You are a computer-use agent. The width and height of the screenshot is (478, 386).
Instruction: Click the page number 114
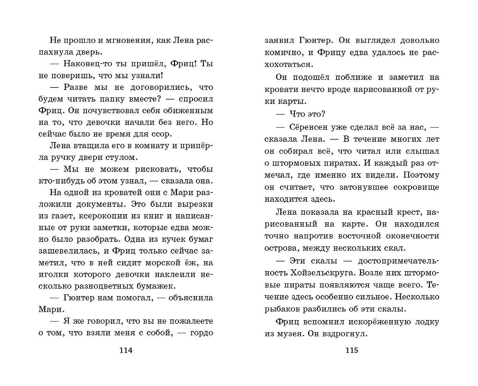point(126,350)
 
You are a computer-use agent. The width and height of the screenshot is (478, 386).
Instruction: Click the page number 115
point(352,350)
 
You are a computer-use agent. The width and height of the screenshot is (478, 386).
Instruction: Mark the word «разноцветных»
point(119,286)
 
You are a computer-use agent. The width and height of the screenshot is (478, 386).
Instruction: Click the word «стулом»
point(121,157)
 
